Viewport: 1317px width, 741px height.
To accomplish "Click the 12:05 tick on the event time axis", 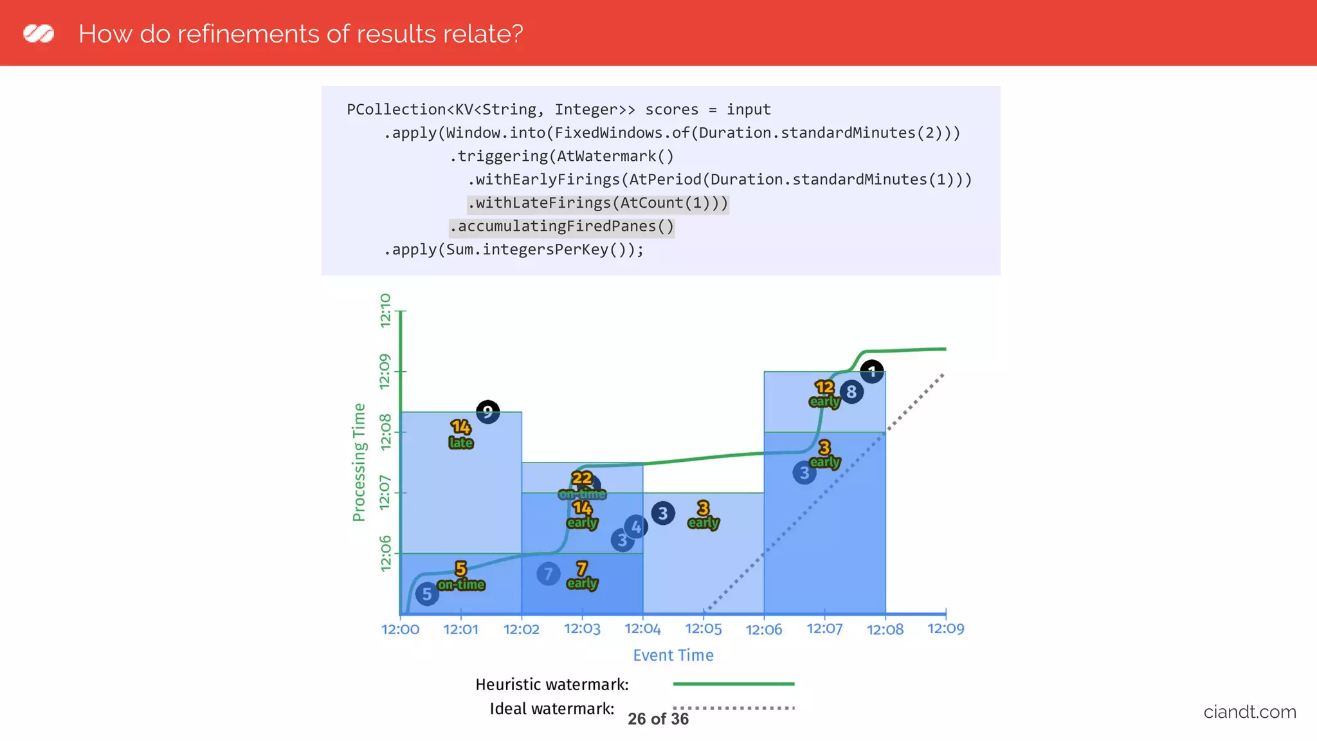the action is pyautogui.click(x=703, y=628).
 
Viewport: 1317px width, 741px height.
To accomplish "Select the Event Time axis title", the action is pyautogui.click(x=673, y=655).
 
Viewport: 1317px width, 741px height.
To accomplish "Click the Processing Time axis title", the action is pyautogui.click(x=359, y=462).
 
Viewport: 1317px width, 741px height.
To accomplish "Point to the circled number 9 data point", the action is pyautogui.click(x=487, y=411).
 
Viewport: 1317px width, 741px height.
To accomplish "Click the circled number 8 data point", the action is pyautogui.click(x=851, y=392).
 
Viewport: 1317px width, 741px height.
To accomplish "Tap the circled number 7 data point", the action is pyautogui.click(x=548, y=573).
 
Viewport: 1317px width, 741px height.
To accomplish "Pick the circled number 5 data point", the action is pyautogui.click(x=427, y=594).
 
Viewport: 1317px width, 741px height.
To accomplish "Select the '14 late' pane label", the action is pyautogui.click(x=460, y=434).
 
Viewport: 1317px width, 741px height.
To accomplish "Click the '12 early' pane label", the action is pyautogui.click(x=824, y=394).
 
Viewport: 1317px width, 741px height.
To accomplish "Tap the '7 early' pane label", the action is pyautogui.click(x=582, y=576).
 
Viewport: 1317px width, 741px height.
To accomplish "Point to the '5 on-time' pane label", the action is pyautogui.click(x=461, y=576).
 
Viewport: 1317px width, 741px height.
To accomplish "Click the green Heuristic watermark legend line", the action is pyautogui.click(x=733, y=684).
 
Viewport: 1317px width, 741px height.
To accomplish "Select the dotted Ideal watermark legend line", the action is pyautogui.click(x=733, y=708).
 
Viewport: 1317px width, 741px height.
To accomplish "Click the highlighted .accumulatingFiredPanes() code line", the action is pyautogui.click(x=561, y=226).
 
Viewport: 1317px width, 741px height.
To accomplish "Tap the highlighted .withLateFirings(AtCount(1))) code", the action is pyautogui.click(x=597, y=203).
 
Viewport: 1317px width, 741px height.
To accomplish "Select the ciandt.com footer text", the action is pyautogui.click(x=1249, y=712).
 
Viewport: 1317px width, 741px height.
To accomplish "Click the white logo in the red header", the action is pyautogui.click(x=39, y=33).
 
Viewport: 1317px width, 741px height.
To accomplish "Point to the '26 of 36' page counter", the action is pyautogui.click(x=658, y=718).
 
